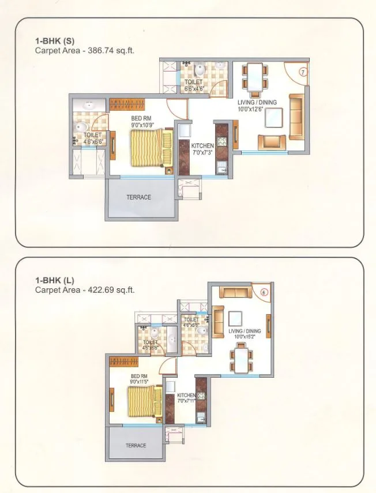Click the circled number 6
[x=264, y=292]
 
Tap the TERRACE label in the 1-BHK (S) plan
[x=138, y=197]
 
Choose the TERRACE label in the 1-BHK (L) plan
[x=136, y=445]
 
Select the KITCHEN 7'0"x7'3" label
[x=202, y=149]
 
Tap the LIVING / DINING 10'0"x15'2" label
[x=245, y=334]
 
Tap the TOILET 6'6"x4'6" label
[x=193, y=85]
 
